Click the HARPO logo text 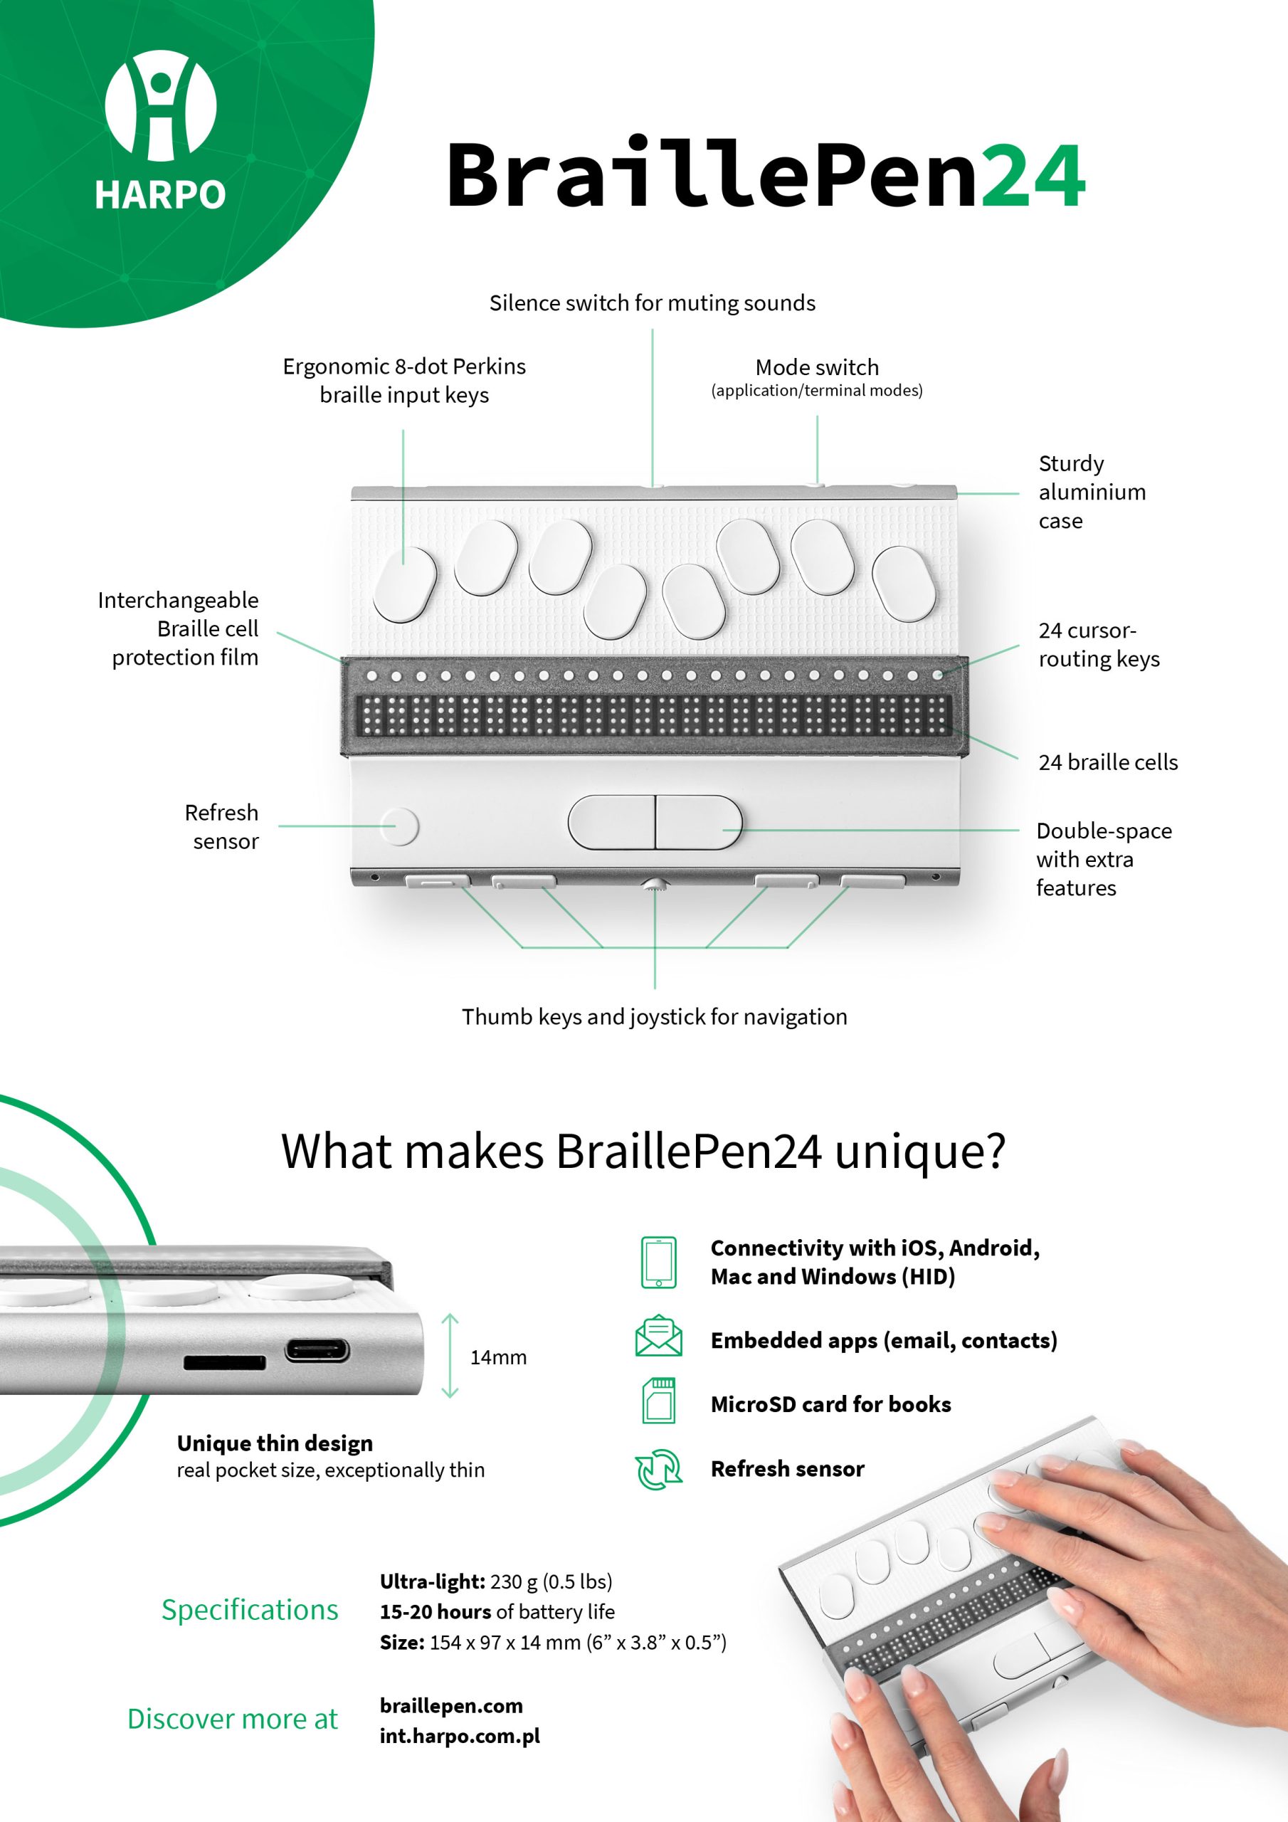[x=160, y=194]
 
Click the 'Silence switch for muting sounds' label [x=653, y=303]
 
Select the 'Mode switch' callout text [x=817, y=367]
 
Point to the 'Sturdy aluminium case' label [x=1092, y=492]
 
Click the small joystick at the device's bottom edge [x=655, y=884]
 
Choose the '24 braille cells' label [x=1108, y=762]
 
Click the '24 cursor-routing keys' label [x=1099, y=644]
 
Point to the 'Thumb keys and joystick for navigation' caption [x=655, y=1016]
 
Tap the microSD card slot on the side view [x=225, y=1362]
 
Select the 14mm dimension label [x=498, y=1357]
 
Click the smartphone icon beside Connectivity [x=659, y=1262]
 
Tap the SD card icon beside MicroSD [x=659, y=1401]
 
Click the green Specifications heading [x=250, y=1610]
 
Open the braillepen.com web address [x=452, y=1706]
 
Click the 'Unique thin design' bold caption [x=275, y=1443]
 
